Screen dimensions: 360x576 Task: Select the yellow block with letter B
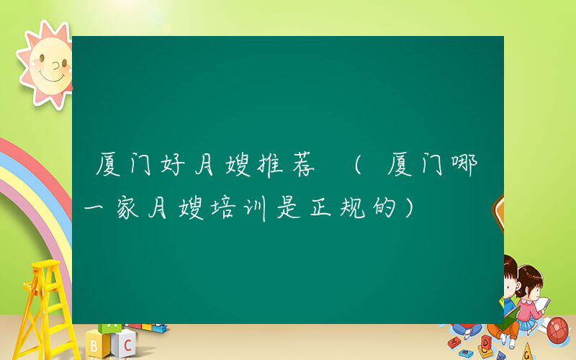(95, 344)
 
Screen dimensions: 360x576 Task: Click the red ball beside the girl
(558, 330)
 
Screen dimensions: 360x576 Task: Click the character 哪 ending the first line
(472, 167)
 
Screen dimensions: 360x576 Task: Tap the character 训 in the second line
(258, 209)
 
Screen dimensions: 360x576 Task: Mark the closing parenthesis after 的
(410, 209)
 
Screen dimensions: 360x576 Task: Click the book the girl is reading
(541, 305)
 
